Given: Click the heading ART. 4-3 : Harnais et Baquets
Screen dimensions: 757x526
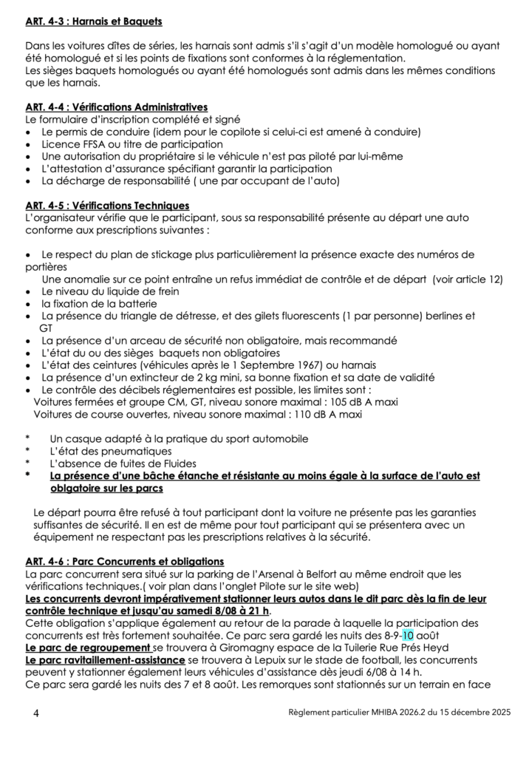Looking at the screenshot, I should [x=94, y=22].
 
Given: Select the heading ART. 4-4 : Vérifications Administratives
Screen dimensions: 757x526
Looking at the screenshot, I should [x=116, y=107].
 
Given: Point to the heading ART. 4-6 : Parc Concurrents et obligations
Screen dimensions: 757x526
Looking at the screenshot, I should [x=124, y=562].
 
